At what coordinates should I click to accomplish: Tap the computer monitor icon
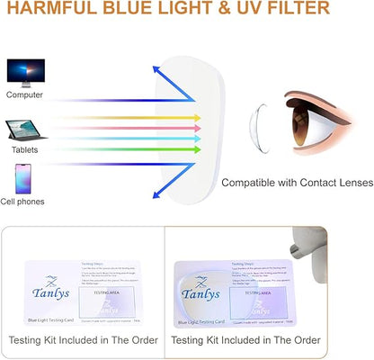coord(24,72)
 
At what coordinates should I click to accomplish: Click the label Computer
coord(24,94)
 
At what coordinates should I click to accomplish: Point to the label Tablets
coord(24,150)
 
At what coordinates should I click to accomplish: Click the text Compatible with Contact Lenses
coord(297,183)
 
